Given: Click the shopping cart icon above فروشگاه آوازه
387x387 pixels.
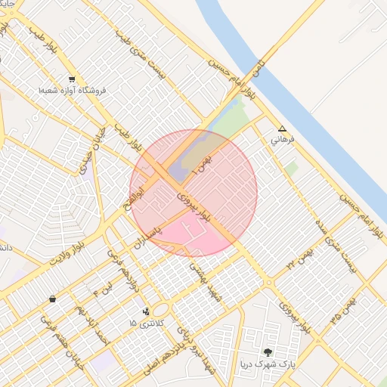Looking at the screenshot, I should [x=72, y=79].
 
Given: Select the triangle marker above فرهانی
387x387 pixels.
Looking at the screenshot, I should [x=282, y=129].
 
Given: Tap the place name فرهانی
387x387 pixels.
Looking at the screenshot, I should [x=282, y=141].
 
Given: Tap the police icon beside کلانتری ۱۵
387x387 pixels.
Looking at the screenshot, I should [x=147, y=311].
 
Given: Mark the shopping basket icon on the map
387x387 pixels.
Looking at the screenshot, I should [x=51, y=299].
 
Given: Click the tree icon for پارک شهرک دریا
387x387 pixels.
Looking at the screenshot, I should [x=268, y=351].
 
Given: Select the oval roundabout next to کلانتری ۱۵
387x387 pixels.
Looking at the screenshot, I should [x=161, y=310].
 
